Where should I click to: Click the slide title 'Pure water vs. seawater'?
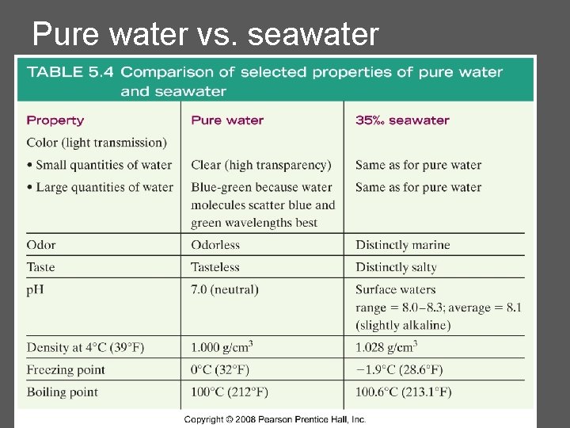pos(206,34)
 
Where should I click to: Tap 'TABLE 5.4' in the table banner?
pos(70,72)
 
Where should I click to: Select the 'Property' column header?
pos(55,120)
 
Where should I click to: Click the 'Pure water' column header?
pos(227,120)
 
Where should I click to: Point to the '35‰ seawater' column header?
pos(402,120)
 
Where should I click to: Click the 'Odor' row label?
pos(41,245)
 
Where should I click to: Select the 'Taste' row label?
pos(40,267)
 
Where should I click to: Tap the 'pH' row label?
pos(35,289)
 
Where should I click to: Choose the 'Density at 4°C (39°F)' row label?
pos(85,348)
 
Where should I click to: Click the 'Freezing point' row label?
pos(66,369)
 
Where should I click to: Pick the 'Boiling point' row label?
pos(63,392)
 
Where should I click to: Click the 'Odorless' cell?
pos(215,245)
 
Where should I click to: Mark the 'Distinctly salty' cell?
pos(396,267)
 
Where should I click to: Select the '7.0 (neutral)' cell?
pos(225,289)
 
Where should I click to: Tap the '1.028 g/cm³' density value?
pos(386,347)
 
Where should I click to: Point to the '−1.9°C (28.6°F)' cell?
pos(399,369)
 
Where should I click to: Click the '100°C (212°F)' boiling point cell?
pos(230,392)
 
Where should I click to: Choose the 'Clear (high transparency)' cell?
pos(261,165)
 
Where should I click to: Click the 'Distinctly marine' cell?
pos(402,245)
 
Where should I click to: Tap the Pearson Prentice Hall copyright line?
pos(275,419)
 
